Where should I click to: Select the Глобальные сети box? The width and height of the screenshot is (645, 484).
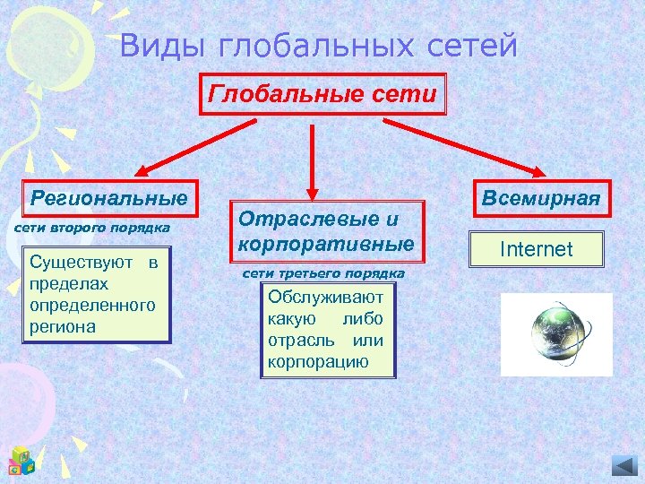click(322, 94)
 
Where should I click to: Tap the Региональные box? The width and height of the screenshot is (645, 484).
click(108, 197)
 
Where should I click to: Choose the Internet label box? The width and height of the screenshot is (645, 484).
click(536, 248)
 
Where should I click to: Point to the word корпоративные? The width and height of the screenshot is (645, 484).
click(326, 244)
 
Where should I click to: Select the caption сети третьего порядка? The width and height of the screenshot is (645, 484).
click(324, 272)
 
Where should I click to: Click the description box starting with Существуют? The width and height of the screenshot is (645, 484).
click(95, 295)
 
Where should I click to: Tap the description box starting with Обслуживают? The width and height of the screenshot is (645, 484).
click(325, 330)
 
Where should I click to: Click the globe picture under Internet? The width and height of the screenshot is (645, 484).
click(555, 334)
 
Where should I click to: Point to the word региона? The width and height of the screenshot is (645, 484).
click(62, 327)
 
